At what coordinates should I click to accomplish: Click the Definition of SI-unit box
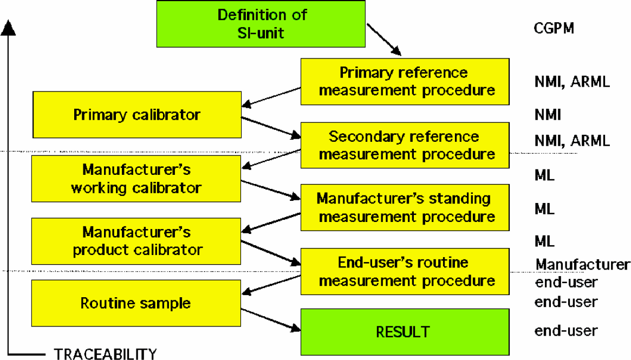point(261,24)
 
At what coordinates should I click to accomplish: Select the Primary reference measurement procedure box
point(405,82)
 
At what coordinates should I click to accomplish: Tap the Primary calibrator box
point(137,115)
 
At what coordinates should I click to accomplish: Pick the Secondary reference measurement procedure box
point(405,145)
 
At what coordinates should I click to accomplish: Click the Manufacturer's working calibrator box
point(136,179)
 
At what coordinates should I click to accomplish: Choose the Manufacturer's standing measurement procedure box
point(405,207)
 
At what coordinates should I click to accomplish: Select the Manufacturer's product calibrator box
point(136,241)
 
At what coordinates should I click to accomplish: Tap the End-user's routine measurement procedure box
point(405,272)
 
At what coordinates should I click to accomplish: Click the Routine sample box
point(136,303)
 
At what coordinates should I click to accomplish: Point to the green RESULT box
point(405,332)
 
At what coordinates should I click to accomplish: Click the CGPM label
point(554,28)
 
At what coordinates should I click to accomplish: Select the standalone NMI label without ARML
point(548,115)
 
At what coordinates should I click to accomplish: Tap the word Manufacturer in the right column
point(582,264)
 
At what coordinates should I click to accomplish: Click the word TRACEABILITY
point(106,354)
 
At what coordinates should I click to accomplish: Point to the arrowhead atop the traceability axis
point(8,28)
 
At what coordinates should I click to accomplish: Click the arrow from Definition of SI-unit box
point(384,40)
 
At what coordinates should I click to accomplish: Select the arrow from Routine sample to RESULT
point(271,320)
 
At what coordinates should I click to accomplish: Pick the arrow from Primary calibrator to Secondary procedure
point(271,128)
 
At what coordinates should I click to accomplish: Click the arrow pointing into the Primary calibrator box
point(271,97)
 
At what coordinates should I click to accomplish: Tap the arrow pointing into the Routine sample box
point(271,285)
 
